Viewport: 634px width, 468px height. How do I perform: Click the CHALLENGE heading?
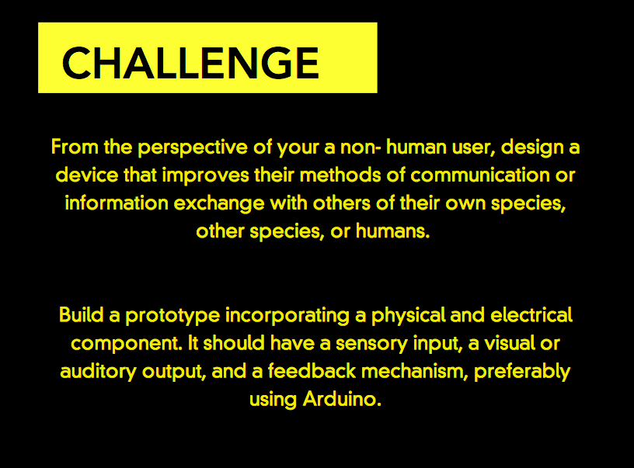point(190,63)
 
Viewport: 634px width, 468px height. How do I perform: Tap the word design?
point(532,147)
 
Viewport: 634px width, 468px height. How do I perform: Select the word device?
point(87,175)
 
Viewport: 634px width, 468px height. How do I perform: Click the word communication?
point(480,175)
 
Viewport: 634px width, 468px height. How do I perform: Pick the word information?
point(117,203)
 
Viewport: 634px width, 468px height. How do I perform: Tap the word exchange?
point(219,204)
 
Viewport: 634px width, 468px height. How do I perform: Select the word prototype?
point(172,317)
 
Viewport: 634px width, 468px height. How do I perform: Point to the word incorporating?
point(287,317)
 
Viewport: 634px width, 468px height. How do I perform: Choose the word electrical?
point(531,315)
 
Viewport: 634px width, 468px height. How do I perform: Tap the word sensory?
point(371,345)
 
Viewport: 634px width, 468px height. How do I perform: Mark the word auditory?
point(98,373)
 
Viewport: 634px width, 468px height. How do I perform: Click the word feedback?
point(312,371)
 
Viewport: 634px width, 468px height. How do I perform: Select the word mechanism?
point(414,371)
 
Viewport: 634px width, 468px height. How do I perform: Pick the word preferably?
point(522,373)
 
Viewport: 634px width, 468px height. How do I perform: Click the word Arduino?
point(342,400)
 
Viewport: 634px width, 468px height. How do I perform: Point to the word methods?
point(340,175)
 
